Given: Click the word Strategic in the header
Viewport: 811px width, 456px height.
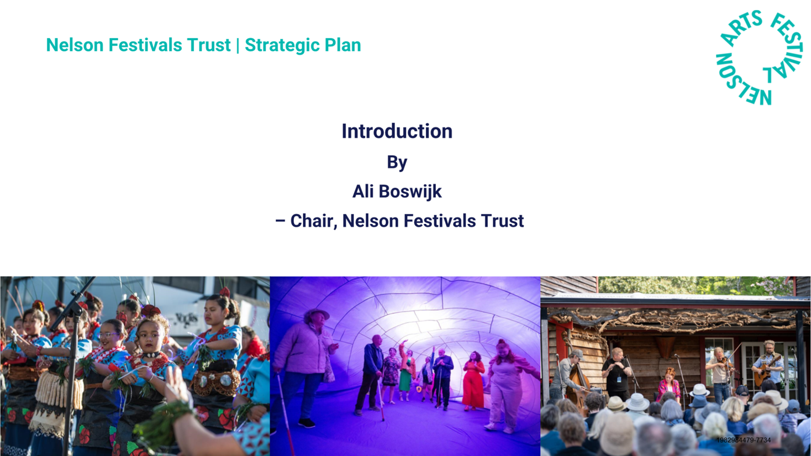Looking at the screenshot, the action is coord(282,45).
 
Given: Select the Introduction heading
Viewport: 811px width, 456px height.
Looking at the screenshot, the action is coord(397,131).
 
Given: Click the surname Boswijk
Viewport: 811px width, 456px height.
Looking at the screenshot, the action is coord(410,192).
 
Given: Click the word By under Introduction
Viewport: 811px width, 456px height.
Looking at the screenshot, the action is coord(397,163).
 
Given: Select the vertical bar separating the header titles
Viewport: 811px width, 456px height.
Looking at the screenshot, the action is coord(238,45).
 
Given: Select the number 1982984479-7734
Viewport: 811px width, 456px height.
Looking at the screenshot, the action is coord(744,440).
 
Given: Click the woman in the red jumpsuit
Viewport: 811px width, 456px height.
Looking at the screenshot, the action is coord(474,380).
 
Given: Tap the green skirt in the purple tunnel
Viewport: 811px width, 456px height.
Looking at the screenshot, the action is coord(405,380).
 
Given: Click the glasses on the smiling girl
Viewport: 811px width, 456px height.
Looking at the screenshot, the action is coord(108,334).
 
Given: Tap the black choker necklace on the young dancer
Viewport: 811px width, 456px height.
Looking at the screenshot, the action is coord(151,355).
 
